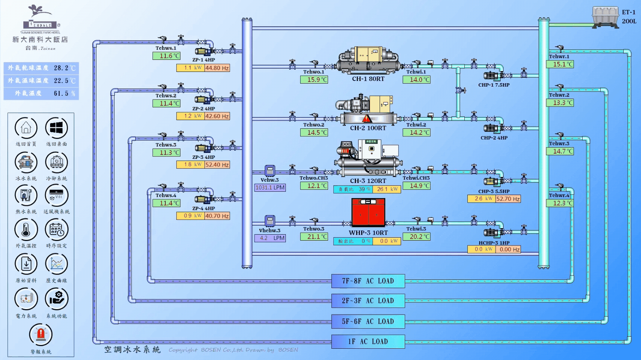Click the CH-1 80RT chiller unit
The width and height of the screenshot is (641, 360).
tap(368, 59)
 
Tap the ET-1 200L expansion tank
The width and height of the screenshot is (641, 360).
tap(605, 17)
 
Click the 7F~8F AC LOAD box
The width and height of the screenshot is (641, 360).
tap(368, 281)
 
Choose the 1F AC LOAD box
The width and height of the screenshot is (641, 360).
tap(368, 342)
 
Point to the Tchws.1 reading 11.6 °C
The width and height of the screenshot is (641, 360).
tap(166, 56)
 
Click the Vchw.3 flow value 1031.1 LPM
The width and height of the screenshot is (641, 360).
tap(270, 188)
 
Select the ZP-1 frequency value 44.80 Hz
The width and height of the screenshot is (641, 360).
tap(217, 68)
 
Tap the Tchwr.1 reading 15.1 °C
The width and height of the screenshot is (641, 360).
tap(560, 64)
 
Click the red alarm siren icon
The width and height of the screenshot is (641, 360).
tap(41, 334)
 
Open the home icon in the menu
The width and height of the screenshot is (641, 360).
tap(26, 128)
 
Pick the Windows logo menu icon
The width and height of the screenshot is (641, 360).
tap(56, 128)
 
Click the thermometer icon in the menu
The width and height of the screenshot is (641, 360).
tap(26, 229)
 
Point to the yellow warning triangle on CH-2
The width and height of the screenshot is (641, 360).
tap(366, 119)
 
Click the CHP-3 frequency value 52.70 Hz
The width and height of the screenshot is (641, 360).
tap(508, 199)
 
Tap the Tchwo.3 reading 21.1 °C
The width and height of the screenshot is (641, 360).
tap(314, 237)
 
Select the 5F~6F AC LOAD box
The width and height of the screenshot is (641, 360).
tap(368, 321)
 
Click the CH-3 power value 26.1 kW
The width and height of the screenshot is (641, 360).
tap(387, 189)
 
